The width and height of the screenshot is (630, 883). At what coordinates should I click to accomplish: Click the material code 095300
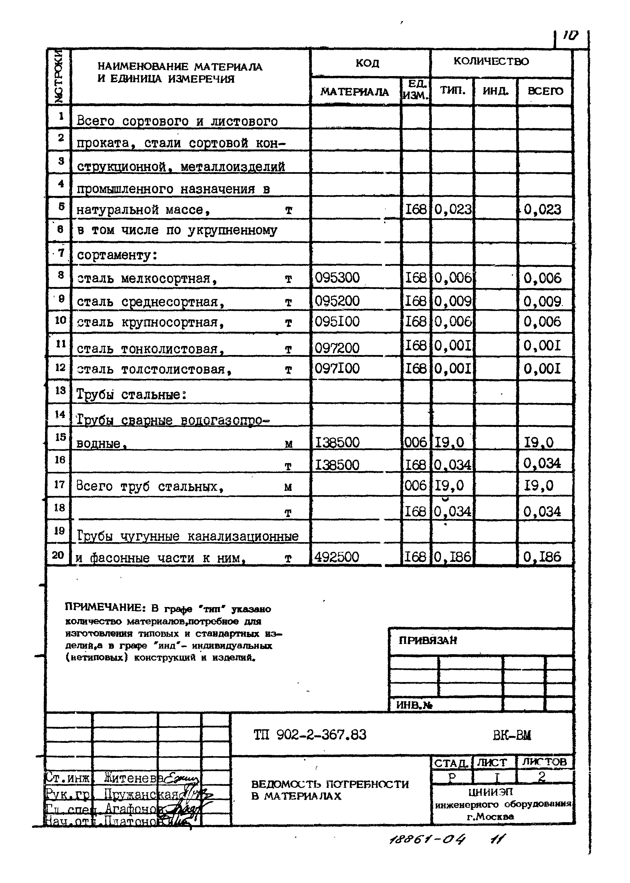tap(337, 278)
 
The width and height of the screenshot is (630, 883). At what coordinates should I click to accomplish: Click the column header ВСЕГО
tap(545, 91)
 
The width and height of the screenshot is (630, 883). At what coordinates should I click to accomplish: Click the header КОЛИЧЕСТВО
tap(491, 61)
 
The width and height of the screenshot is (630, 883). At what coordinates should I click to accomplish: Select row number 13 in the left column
tap(60, 390)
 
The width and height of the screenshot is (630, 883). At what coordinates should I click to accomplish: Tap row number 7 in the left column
tap(61, 253)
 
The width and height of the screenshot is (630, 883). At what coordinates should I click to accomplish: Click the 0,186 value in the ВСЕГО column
tap(542, 557)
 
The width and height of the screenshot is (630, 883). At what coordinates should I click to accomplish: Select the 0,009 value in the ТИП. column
tap(453, 301)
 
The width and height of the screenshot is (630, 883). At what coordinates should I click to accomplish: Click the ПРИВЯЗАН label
tap(428, 640)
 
